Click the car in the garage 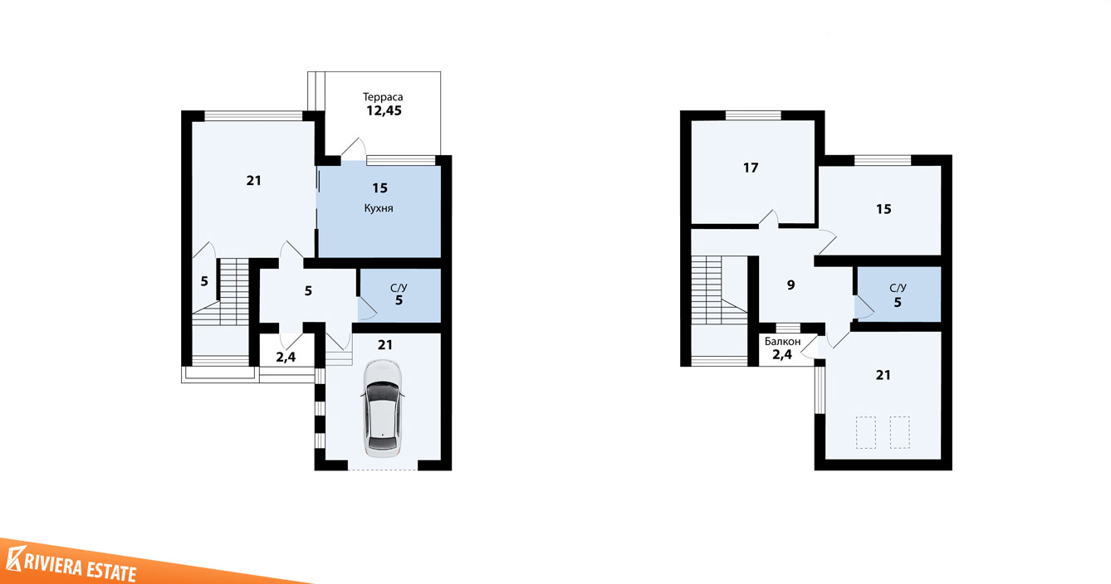[x=383, y=408]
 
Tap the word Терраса [x=383, y=96]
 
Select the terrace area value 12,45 [x=384, y=110]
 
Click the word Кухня [x=379, y=208]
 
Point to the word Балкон [x=782, y=341]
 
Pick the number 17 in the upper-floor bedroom [x=751, y=168]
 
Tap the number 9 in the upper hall [x=790, y=285]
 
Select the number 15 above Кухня [x=380, y=188]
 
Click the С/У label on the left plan [x=399, y=288]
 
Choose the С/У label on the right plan [x=898, y=288]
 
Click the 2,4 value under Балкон [x=782, y=354]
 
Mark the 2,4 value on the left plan [x=286, y=357]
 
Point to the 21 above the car [x=385, y=345]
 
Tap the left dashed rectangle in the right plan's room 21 [x=865, y=432]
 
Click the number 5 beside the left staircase [x=204, y=281]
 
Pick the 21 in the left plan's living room [x=253, y=181]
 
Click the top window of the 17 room [x=753, y=115]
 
